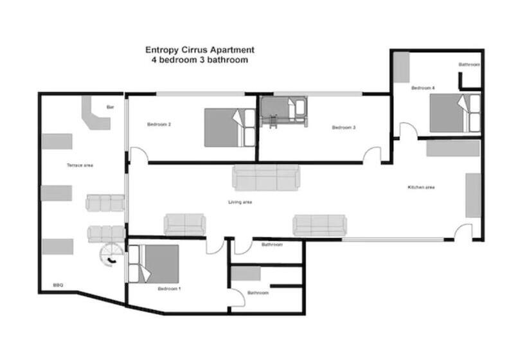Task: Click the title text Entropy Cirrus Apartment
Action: coord(199,50)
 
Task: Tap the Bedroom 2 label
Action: coord(159,124)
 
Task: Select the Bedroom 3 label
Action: coord(344,127)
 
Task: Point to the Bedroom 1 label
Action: coord(169,289)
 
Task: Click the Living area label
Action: coord(240,202)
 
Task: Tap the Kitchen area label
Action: coord(422,187)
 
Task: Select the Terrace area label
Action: coord(80,165)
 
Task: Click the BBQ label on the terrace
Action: coord(58,285)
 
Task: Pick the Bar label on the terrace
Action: coord(110,107)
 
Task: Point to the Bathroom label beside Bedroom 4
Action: coord(469,65)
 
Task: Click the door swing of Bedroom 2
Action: coord(138,155)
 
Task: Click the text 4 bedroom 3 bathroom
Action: coord(199,60)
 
